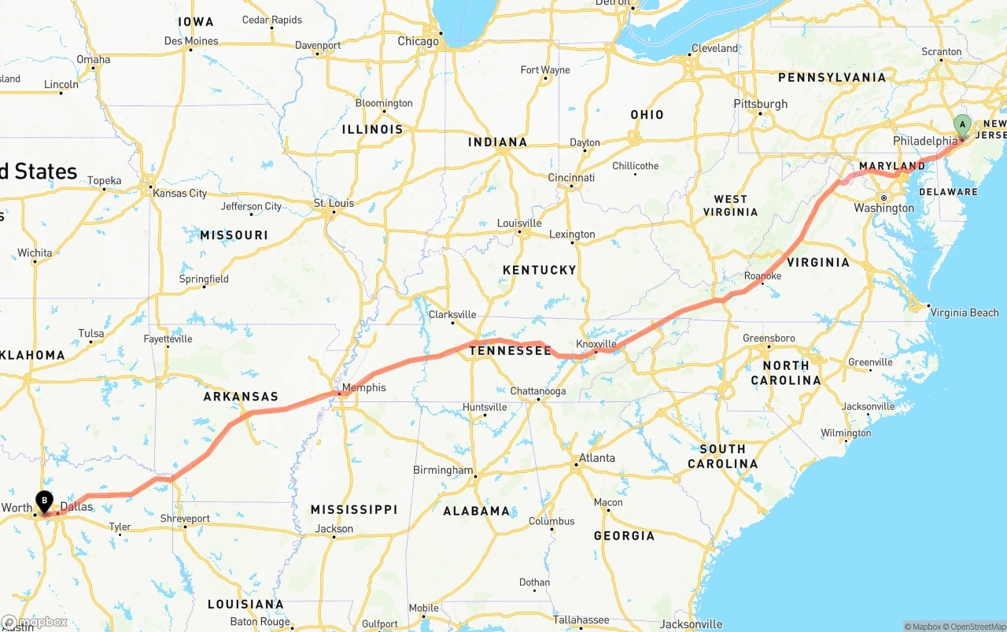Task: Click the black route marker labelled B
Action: pyautogui.click(x=44, y=500)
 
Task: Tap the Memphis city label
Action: pyautogui.click(x=364, y=387)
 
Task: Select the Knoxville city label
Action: pyautogui.click(x=596, y=344)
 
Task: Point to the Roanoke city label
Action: pyautogui.click(x=762, y=276)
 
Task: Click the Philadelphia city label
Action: pyautogui.click(x=924, y=141)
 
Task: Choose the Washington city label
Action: pyautogui.click(x=883, y=209)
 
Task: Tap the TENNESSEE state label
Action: pyautogui.click(x=511, y=350)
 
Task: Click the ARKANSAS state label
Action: pyautogui.click(x=241, y=397)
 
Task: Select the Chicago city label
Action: pyautogui.click(x=418, y=41)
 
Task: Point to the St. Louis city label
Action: pyautogui.click(x=334, y=203)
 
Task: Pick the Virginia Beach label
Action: pyautogui.click(x=965, y=312)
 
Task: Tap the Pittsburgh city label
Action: pyautogui.click(x=760, y=104)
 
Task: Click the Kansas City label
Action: pyautogui.click(x=179, y=193)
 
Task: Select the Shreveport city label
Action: pyautogui.click(x=185, y=519)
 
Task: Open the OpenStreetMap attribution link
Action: pyautogui.click(x=977, y=626)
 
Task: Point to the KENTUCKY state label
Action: pyautogui.click(x=539, y=270)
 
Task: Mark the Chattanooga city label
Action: pyautogui.click(x=537, y=391)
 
